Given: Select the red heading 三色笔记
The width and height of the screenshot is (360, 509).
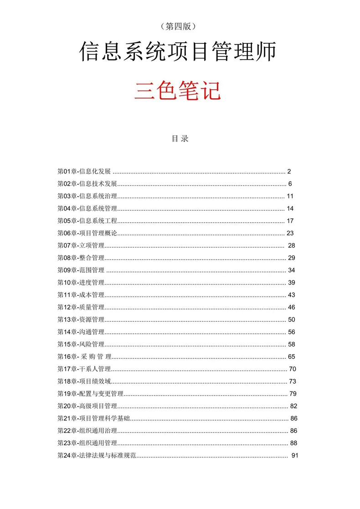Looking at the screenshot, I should [178, 90].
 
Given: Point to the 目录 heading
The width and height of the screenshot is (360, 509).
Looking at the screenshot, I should [180, 139].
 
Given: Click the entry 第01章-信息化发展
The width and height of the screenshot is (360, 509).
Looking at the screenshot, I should [84, 172].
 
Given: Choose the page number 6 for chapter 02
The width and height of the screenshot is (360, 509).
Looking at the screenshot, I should [289, 184].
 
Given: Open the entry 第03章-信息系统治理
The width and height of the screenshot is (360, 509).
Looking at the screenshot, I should [87, 196].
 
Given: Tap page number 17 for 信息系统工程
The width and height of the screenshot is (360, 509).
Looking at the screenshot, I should [290, 221].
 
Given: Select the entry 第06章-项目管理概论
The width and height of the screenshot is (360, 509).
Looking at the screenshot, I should [87, 233].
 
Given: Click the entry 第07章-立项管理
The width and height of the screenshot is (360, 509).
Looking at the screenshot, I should [81, 245].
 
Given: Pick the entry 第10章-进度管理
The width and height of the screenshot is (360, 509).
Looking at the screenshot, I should [81, 282].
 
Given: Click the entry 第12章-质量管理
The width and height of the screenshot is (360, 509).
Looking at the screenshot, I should [81, 307].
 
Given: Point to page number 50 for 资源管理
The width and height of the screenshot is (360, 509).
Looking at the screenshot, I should [292, 319].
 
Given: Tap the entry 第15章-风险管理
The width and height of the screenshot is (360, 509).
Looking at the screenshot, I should [81, 344].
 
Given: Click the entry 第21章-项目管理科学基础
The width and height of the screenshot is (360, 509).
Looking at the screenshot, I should [93, 418].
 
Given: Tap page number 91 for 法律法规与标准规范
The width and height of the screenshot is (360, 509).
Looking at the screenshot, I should [294, 455].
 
